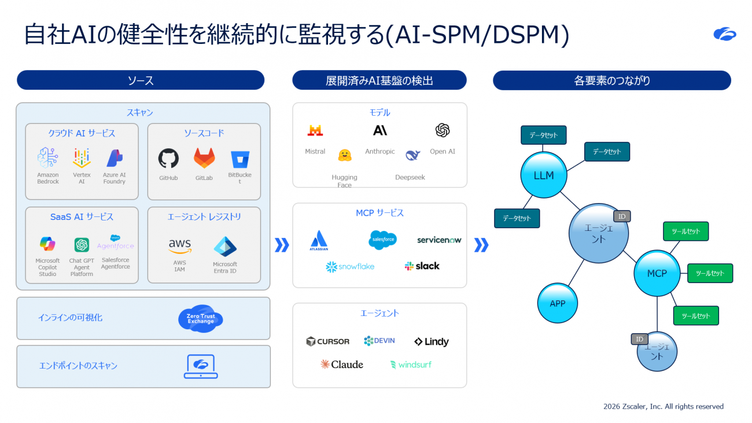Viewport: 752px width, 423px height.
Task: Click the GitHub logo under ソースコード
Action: click(x=168, y=158)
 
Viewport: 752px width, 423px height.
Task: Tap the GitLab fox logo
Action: click(x=204, y=158)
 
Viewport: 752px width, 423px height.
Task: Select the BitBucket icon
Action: click(x=239, y=159)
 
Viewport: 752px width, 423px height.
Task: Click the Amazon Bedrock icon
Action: click(x=48, y=157)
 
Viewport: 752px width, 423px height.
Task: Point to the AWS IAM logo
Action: click(x=180, y=246)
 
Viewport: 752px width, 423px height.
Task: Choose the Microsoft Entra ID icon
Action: click(x=225, y=247)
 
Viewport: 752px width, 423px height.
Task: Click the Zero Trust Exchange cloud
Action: click(x=201, y=319)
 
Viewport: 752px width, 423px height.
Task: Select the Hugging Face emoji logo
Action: click(x=345, y=155)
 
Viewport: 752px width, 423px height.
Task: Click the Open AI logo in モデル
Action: click(x=443, y=131)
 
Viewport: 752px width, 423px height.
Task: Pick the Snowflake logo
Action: click(x=350, y=267)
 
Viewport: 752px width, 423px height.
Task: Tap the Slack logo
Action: click(x=422, y=266)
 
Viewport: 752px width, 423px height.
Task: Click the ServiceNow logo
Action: click(x=439, y=240)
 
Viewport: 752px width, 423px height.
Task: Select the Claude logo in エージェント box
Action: click(x=342, y=365)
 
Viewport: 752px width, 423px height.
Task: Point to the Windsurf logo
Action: click(x=411, y=365)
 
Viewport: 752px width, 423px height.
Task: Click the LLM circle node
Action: click(x=544, y=175)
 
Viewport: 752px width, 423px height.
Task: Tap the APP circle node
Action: click(x=558, y=303)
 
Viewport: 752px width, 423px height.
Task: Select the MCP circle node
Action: click(x=657, y=273)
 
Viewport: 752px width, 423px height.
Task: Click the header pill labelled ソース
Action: click(x=141, y=80)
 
